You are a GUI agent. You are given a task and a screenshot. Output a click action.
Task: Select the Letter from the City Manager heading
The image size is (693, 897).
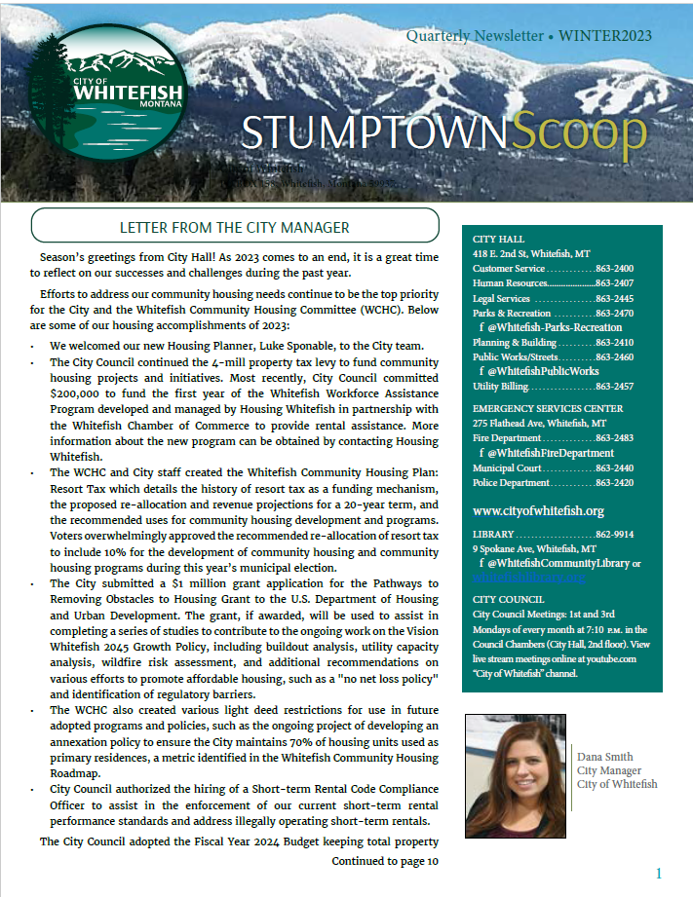234,228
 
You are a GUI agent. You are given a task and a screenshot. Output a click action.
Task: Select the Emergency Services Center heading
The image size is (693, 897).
547,408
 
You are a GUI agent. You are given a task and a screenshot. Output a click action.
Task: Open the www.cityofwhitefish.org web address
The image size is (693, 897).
538,510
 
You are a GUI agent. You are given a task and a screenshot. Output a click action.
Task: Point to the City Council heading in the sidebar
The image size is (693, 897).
508,599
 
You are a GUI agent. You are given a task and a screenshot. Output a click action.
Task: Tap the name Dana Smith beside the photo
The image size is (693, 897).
605,757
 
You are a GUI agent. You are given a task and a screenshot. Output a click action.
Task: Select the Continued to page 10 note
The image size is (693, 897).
385,862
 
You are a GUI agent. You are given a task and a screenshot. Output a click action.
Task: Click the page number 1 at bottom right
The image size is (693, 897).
659,874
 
